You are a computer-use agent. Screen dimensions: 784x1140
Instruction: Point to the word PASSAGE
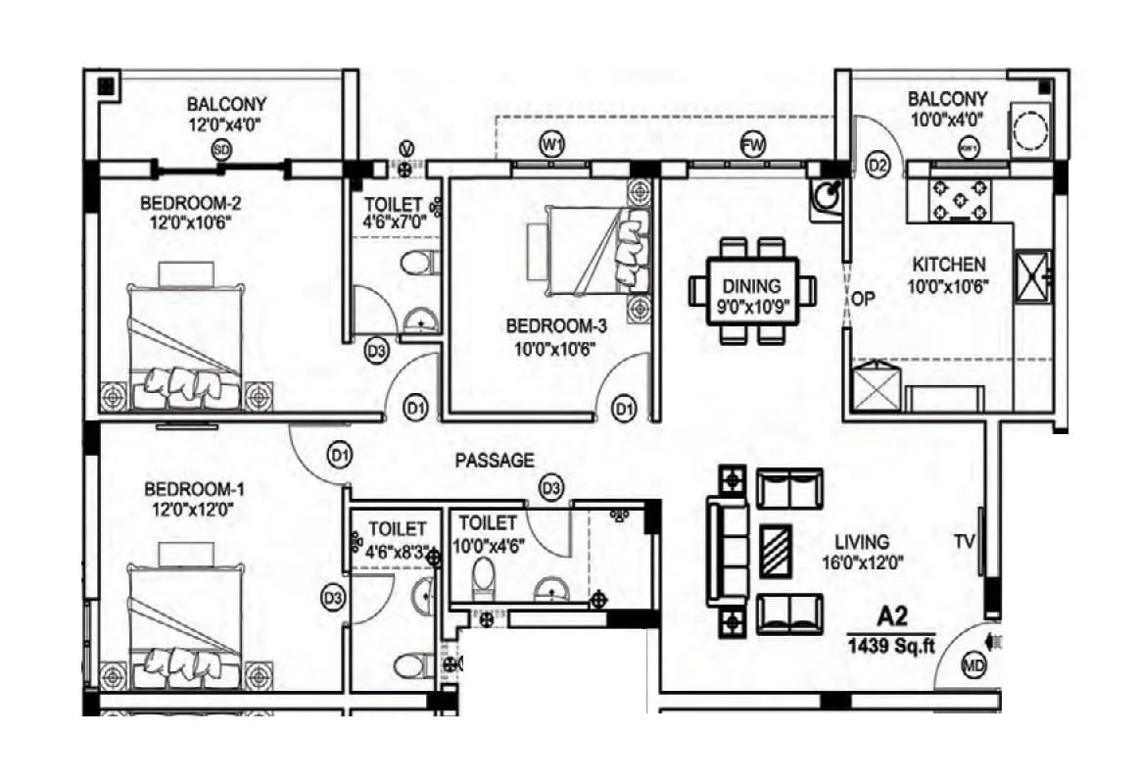(x=495, y=460)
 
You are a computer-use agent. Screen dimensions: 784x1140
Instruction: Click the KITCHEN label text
(x=949, y=265)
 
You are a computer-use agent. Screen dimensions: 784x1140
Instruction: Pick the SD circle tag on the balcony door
(x=222, y=150)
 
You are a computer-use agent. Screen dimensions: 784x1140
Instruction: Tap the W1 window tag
(x=552, y=145)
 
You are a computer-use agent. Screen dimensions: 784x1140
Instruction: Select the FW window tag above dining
(x=752, y=145)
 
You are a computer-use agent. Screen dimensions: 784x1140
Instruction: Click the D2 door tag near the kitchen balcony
(x=879, y=166)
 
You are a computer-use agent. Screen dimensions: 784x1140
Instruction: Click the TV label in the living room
(x=966, y=541)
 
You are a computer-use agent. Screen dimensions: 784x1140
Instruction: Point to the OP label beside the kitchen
(x=861, y=300)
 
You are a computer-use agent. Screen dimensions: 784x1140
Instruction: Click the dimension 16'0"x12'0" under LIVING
(x=862, y=563)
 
